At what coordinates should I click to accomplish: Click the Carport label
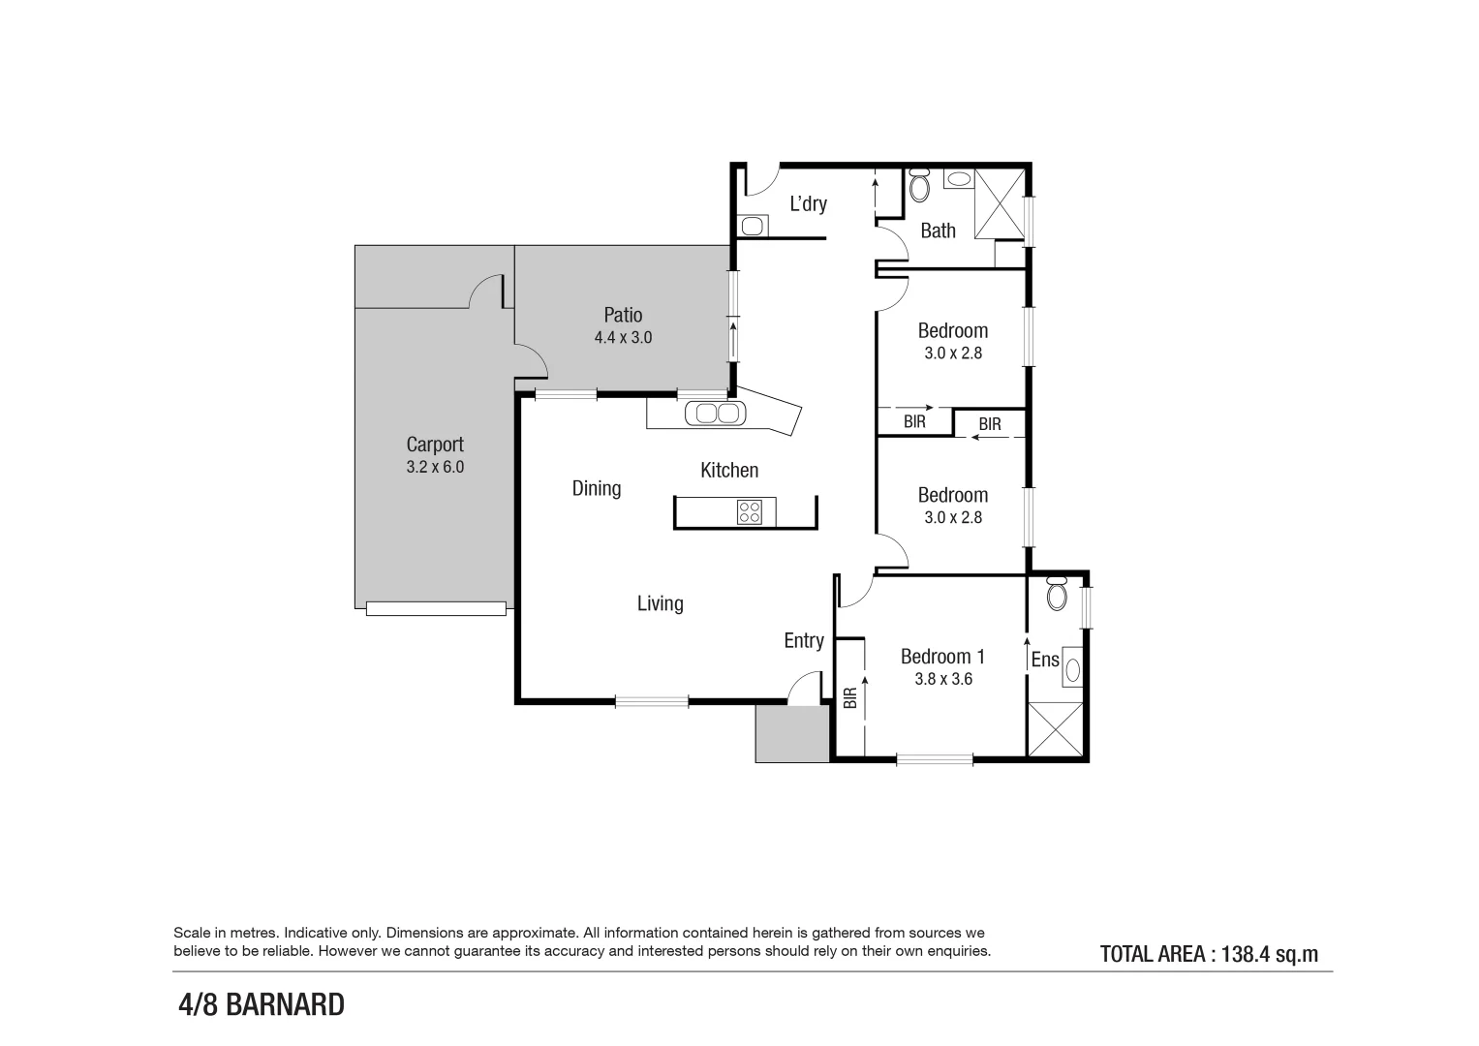coord(435,445)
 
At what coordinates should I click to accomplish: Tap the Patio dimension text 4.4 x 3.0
coord(623,338)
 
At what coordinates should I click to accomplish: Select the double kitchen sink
coord(716,414)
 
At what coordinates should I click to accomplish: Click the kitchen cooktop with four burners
coord(750,511)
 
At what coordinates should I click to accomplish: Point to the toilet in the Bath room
coord(919,186)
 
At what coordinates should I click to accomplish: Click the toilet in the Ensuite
coord(1057,592)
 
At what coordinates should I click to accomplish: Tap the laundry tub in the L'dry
coord(753,227)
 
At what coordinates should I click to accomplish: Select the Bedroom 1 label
coord(942,657)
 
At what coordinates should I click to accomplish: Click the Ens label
coord(1045,660)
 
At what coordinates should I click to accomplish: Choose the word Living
coord(660,603)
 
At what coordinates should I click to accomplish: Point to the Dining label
coord(596,488)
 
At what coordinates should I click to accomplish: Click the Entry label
coord(804,640)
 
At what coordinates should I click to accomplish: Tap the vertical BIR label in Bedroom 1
coord(850,698)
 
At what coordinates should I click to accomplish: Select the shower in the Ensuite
coord(1055,729)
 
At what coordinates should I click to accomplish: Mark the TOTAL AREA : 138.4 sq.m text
coord(1209,954)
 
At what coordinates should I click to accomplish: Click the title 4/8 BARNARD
coord(262,1005)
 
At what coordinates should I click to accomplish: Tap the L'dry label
coord(808,203)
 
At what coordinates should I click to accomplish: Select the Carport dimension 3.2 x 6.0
coord(435,467)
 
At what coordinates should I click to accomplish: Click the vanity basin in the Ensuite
coord(1071,667)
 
